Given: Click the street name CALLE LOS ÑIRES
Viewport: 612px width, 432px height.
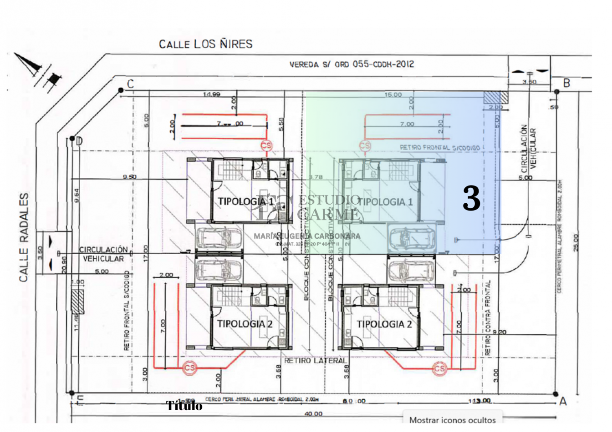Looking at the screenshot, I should [x=205, y=44].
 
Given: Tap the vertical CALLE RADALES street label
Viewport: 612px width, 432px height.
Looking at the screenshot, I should [x=24, y=237].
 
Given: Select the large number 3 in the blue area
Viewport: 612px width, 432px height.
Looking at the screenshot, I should [x=471, y=199].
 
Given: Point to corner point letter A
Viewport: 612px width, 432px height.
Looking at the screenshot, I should [x=563, y=401].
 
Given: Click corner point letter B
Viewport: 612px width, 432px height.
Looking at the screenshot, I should [x=566, y=83].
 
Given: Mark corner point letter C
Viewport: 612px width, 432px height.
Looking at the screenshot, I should [x=131, y=84].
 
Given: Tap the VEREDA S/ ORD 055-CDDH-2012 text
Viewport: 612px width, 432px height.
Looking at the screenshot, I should [x=352, y=65].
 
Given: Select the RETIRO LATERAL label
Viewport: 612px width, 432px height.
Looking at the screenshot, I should [x=315, y=361].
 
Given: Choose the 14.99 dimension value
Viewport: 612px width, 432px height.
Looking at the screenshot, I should [x=212, y=95].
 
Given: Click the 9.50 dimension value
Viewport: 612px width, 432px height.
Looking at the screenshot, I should [x=129, y=177].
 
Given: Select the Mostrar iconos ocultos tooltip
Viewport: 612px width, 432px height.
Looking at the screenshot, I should [x=452, y=420].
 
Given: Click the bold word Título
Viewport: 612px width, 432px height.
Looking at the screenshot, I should [x=184, y=406].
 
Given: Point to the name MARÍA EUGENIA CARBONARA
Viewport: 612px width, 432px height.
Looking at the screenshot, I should [x=307, y=236].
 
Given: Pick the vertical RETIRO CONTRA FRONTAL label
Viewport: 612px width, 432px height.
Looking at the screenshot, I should [x=488, y=318].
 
